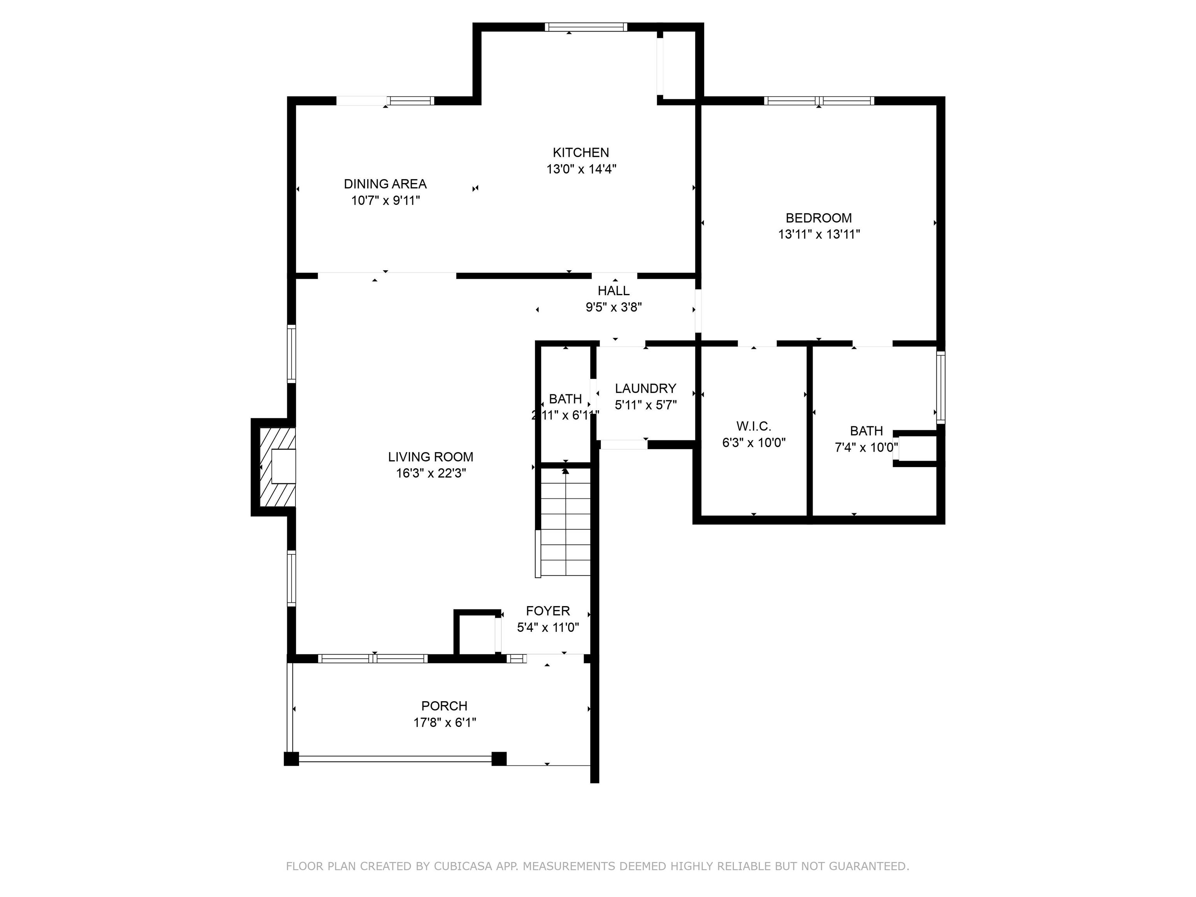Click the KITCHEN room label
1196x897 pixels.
pyautogui.click(x=581, y=153)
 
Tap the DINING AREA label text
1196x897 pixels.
pyautogui.click(x=385, y=184)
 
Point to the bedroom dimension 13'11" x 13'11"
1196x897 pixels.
pyautogui.click(x=819, y=234)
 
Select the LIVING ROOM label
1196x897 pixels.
pyautogui.click(x=430, y=457)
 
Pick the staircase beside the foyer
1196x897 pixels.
pyautogui.click(x=566, y=522)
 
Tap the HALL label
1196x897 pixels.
pyautogui.click(x=614, y=290)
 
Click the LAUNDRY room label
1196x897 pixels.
pyautogui.click(x=645, y=388)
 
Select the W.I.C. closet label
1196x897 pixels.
pyautogui.click(x=754, y=426)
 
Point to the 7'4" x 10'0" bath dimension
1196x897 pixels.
pyautogui.click(x=866, y=448)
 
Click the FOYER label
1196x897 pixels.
pyautogui.click(x=548, y=611)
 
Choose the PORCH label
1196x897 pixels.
pyautogui.click(x=445, y=706)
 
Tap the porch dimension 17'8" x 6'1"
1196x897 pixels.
pyautogui.click(x=445, y=722)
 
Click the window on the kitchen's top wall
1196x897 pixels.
pyautogui.click(x=586, y=27)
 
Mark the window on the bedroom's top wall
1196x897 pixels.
pyautogui.click(x=819, y=100)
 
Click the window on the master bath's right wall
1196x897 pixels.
pyautogui.click(x=941, y=387)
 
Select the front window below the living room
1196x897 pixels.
pyautogui.click(x=373, y=659)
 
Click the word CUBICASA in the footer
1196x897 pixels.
pyautogui.click(x=463, y=866)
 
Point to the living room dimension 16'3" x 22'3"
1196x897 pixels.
pyautogui.click(x=430, y=473)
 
